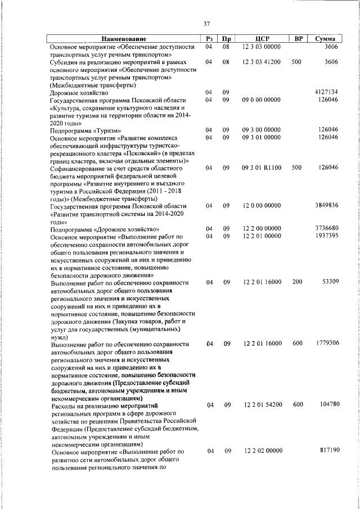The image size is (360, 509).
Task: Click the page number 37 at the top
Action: [x=206, y=24]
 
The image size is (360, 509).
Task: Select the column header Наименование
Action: [x=123, y=39]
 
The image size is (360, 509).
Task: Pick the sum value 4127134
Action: [x=326, y=92]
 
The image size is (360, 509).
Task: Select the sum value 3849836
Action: [x=326, y=205]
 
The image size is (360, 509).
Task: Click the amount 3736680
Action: [x=326, y=228]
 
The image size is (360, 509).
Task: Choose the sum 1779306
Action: [x=326, y=343]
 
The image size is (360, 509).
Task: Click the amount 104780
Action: [x=327, y=404]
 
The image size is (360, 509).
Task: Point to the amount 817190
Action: [x=327, y=451]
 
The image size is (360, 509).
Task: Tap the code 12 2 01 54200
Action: [x=262, y=404]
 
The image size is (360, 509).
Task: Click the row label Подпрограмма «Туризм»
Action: [x=85, y=129]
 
